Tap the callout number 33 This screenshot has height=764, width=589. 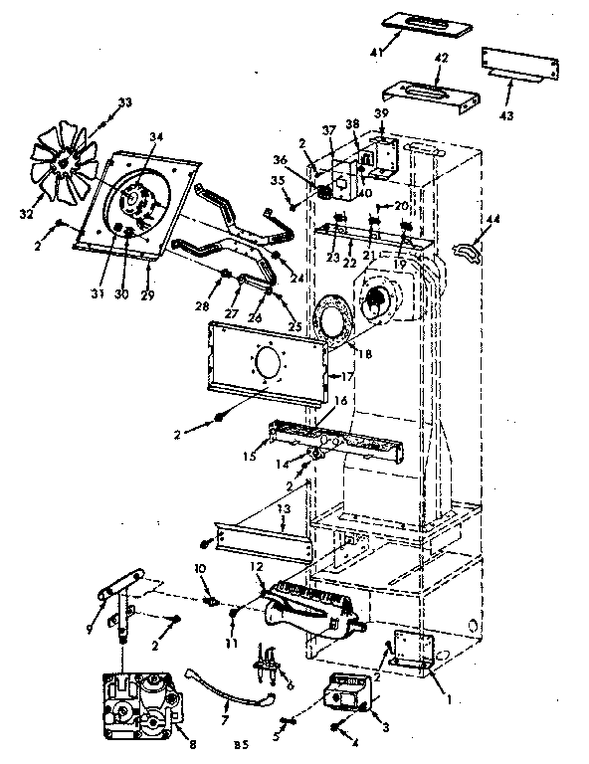point(124,102)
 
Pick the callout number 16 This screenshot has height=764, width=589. point(340,402)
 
